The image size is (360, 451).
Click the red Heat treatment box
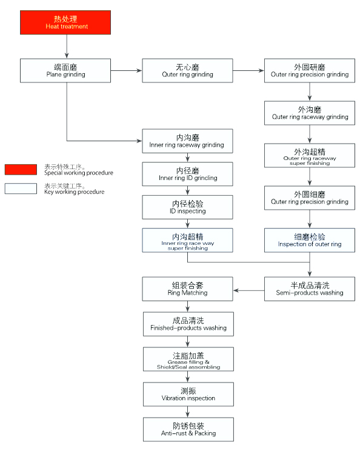click(x=66, y=22)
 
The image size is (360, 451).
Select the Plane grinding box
click(x=66, y=70)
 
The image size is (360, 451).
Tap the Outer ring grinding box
click(x=187, y=70)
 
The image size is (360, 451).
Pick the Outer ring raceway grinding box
click(x=310, y=113)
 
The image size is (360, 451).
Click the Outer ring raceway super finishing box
click(x=310, y=156)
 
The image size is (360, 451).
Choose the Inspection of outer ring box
click(x=310, y=240)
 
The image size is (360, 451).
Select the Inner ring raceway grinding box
click(x=187, y=141)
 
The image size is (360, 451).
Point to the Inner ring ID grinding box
click(x=187, y=174)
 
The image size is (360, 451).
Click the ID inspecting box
click(x=187, y=207)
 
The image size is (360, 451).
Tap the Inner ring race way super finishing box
click(x=187, y=240)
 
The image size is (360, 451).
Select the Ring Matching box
click(x=187, y=289)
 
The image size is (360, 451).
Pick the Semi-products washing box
click(x=310, y=289)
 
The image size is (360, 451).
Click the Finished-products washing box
click(x=187, y=324)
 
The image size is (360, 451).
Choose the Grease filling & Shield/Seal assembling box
click(x=187, y=359)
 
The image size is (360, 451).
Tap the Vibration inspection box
click(x=187, y=394)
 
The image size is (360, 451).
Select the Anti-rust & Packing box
click(x=187, y=429)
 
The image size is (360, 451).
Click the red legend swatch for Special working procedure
click(x=21, y=169)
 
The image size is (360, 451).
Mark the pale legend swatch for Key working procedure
click(x=21, y=189)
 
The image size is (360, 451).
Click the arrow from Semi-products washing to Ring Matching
click(x=248, y=290)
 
